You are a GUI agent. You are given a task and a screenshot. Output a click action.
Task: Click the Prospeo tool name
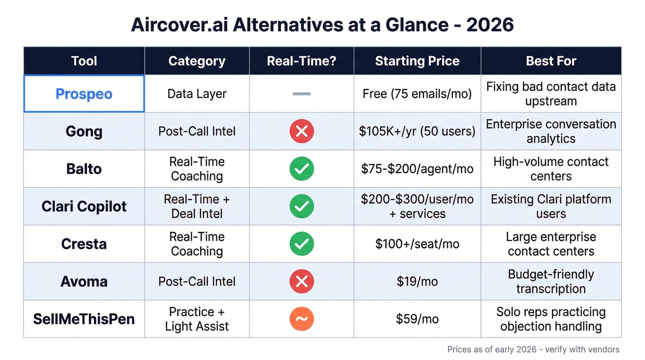pos(84,94)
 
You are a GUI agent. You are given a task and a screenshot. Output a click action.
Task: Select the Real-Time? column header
pos(301,61)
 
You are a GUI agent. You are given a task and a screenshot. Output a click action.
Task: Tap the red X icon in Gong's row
pos(301,131)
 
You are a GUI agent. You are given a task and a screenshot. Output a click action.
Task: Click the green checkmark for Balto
pos(301,169)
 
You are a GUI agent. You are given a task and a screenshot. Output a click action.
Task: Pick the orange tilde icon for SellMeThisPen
pos(301,319)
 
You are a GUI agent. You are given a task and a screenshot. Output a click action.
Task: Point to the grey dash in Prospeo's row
pos(301,94)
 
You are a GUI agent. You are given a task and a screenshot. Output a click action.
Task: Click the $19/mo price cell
pos(417,282)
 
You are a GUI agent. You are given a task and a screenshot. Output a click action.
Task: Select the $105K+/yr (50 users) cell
pos(417,131)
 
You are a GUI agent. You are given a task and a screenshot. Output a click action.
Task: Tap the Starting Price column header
pos(417,61)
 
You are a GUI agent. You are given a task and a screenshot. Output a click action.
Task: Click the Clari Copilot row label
pos(84,207)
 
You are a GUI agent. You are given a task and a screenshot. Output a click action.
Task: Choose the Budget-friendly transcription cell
pos(551,282)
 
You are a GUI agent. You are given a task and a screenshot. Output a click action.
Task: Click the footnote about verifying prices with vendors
pos(533,350)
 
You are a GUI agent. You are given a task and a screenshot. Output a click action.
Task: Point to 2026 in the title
pos(490,25)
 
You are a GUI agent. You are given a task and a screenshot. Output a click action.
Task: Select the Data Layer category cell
pos(197,94)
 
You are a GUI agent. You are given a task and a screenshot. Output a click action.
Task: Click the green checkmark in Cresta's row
pos(301,244)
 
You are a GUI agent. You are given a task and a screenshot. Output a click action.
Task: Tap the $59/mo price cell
pos(417,319)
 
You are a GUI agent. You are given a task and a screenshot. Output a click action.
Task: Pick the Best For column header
pos(551,61)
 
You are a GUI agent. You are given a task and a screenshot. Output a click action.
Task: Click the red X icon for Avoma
pos(301,282)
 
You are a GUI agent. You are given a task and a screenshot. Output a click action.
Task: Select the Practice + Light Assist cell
pos(197,319)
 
